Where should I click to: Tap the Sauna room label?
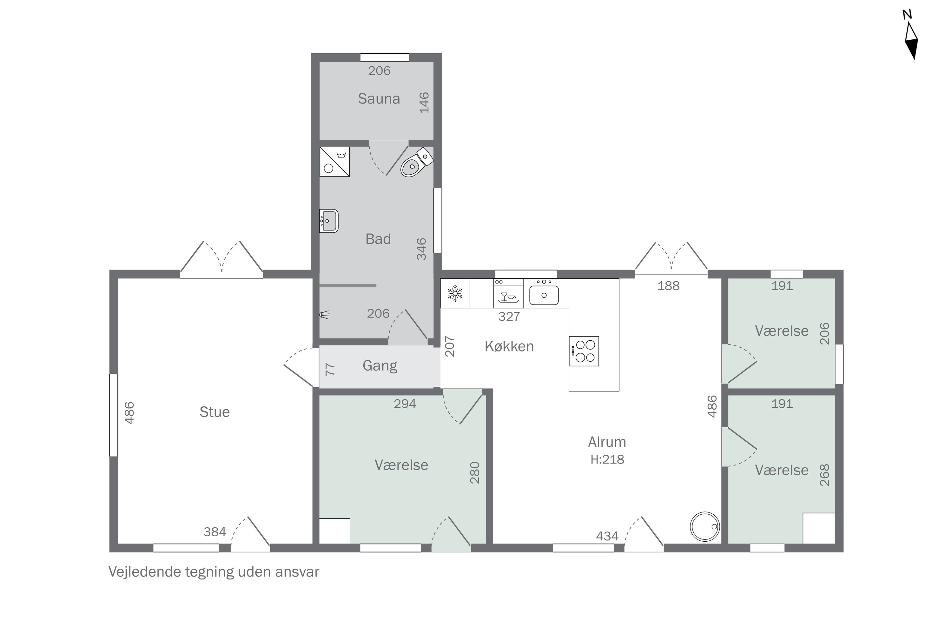click(379, 98)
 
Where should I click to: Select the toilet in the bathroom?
click(416, 162)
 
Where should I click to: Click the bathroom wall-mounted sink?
click(329, 221)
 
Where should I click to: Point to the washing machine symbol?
click(334, 162)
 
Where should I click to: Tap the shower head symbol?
click(325, 314)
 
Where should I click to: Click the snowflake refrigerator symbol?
click(455, 293)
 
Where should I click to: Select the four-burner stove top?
click(584, 351)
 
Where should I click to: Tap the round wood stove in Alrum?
click(705, 526)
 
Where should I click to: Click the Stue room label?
click(215, 412)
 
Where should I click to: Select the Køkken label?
click(509, 346)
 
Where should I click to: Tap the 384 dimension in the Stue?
click(215, 532)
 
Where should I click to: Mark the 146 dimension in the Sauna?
click(424, 103)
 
